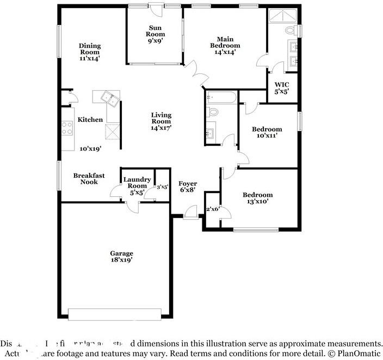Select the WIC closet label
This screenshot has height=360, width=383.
281,84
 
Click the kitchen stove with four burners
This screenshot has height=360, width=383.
67,128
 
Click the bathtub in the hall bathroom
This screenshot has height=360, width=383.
221,98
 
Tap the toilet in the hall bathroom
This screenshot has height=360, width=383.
213,113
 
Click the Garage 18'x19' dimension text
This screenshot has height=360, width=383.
121,260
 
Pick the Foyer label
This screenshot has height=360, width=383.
188,184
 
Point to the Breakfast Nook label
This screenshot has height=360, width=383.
89,178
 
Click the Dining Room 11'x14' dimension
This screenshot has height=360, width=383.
90,57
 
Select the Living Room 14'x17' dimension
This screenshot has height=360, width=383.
161,128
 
